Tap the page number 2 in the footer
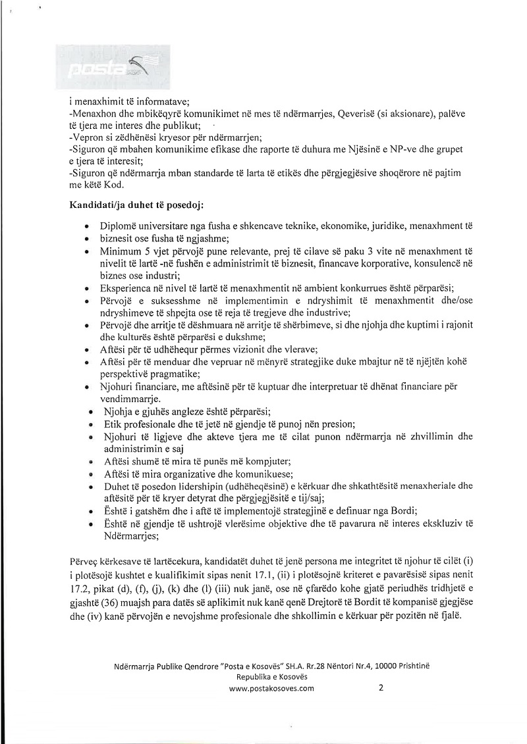click(x=381, y=688)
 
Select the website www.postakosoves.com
click(x=271, y=689)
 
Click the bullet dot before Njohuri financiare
click(x=88, y=387)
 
